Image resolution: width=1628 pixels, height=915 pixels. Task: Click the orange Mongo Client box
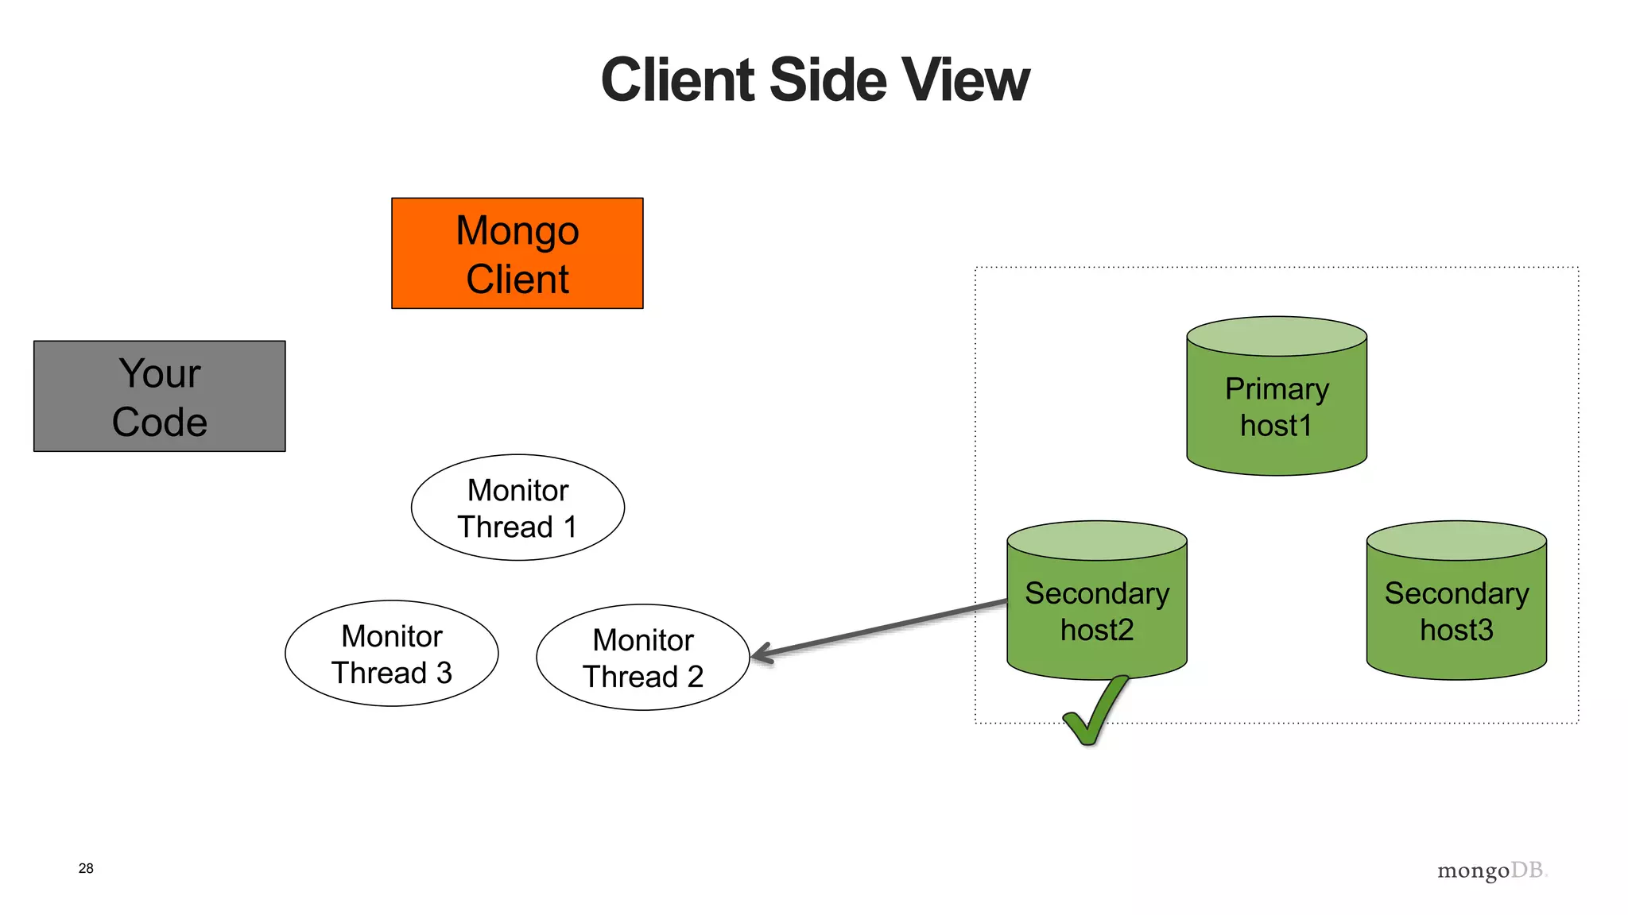[517, 253]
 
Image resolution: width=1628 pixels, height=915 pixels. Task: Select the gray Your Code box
[159, 396]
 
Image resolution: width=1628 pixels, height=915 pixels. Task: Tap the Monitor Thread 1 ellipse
[517, 508]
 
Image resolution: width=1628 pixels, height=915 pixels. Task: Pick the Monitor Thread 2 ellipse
[642, 658]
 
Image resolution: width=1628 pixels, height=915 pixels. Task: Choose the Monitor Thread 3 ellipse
[391, 654]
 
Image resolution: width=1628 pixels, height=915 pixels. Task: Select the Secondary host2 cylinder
[1097, 612]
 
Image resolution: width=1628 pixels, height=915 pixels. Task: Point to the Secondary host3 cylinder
[1456, 612]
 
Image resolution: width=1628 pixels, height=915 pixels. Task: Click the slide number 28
[86, 868]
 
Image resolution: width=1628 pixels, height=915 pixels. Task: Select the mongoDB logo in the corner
[1491, 871]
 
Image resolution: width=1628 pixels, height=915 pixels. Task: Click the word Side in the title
[827, 80]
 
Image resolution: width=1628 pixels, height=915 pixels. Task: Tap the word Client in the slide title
[677, 80]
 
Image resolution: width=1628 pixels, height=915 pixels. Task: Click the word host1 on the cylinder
[1276, 427]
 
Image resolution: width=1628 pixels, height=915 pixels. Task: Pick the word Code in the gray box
[159, 422]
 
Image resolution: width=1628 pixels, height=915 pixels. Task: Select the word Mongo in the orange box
[517, 231]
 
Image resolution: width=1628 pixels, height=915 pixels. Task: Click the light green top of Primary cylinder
[1277, 336]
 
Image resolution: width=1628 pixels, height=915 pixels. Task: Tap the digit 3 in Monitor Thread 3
[444, 674]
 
